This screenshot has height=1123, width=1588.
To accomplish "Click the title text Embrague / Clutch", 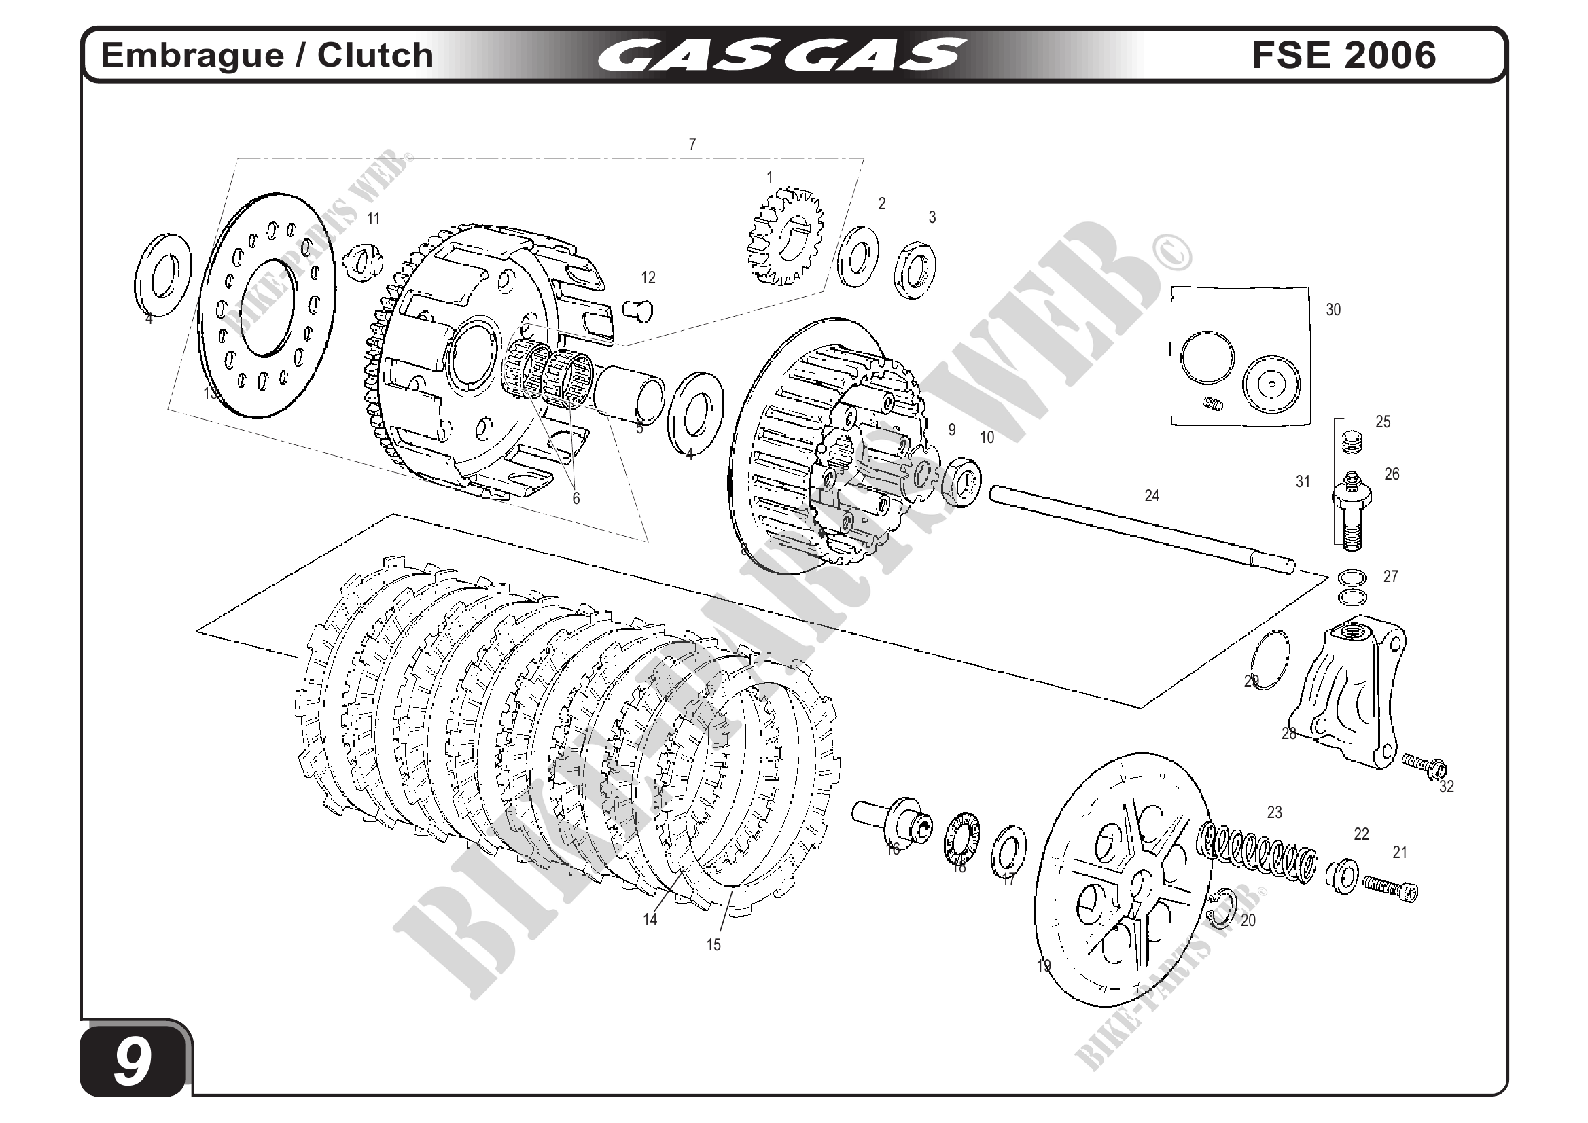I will point(267,55).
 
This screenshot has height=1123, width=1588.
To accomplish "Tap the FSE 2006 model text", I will point(1343,55).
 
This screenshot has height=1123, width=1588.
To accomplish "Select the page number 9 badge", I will point(133,1062).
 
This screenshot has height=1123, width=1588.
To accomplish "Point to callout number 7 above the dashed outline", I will point(692,145).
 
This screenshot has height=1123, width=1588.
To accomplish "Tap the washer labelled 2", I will point(858,256).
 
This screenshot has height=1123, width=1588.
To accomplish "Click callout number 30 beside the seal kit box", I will point(1333,310).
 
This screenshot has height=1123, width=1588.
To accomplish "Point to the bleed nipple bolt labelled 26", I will point(1352,509).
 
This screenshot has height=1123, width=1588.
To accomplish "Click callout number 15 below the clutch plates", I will point(713,944).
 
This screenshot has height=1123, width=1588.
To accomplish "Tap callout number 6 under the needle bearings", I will point(576,498).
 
